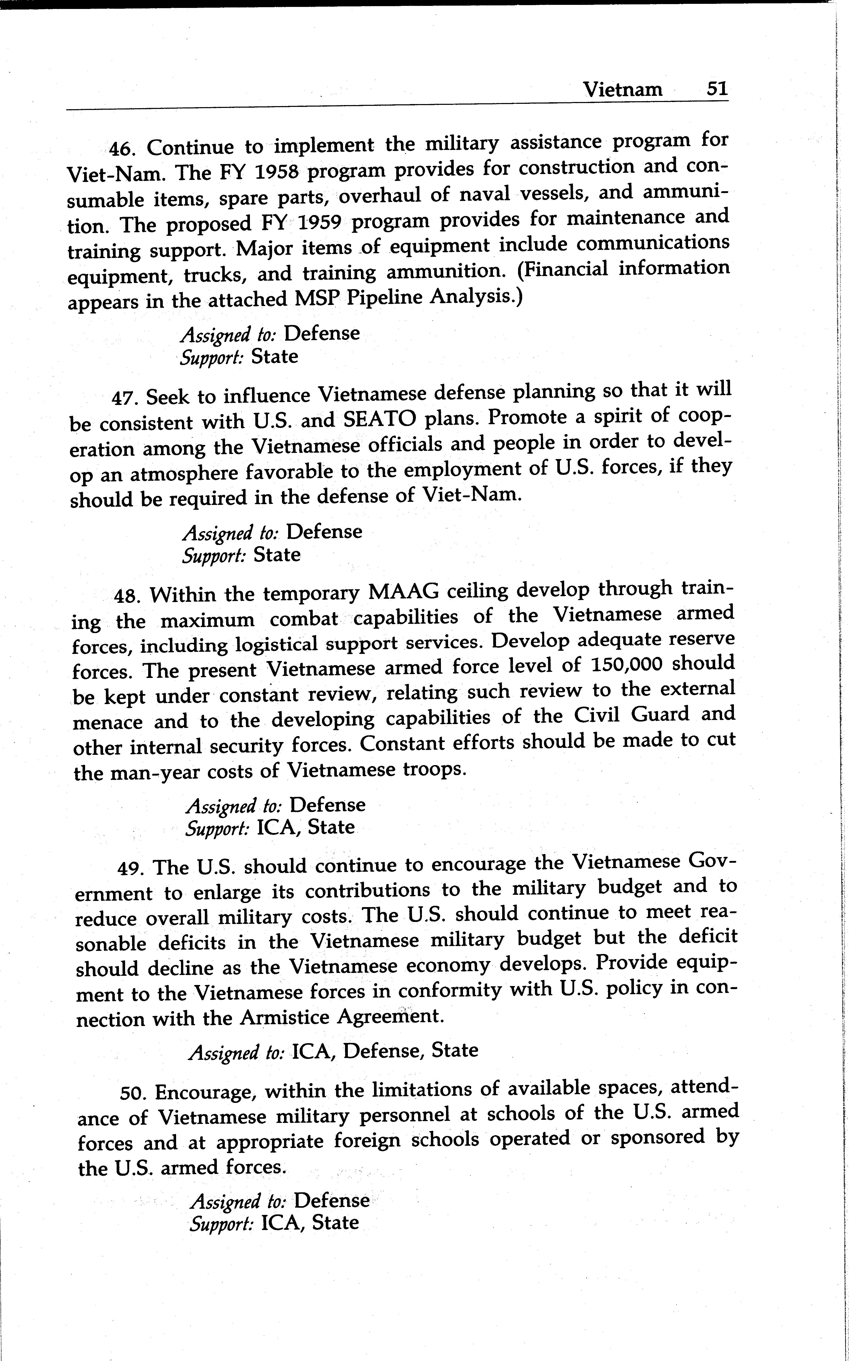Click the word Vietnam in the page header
(622, 89)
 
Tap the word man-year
(154, 773)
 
